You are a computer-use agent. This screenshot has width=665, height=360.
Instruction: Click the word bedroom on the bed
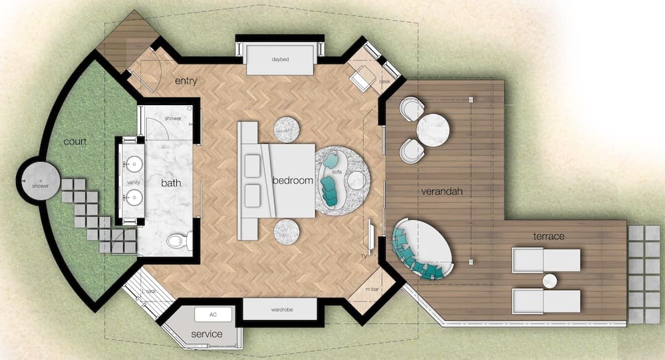292,180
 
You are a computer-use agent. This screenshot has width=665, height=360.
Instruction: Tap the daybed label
281,60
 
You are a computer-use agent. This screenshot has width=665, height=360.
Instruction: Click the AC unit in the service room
213,315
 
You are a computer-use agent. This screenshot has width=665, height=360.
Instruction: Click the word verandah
442,192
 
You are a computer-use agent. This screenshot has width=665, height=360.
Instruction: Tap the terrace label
549,236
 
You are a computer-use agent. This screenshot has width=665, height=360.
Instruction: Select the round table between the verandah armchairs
434,130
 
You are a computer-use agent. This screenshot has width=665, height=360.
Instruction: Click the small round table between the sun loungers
549,281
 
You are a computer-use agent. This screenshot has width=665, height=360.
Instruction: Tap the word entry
186,81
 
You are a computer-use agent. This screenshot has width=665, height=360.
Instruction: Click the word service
206,334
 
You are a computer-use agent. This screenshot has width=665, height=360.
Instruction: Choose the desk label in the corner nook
384,81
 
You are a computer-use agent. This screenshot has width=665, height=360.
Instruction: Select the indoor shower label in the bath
173,118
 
